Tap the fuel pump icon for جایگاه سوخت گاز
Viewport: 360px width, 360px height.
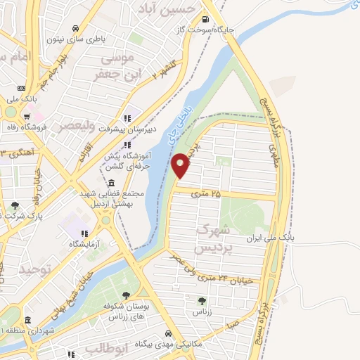(205, 20)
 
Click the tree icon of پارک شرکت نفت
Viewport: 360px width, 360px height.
(15, 205)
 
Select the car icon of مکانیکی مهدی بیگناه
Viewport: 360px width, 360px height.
(168, 333)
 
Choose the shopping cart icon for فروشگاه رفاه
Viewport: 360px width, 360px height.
(26, 117)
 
